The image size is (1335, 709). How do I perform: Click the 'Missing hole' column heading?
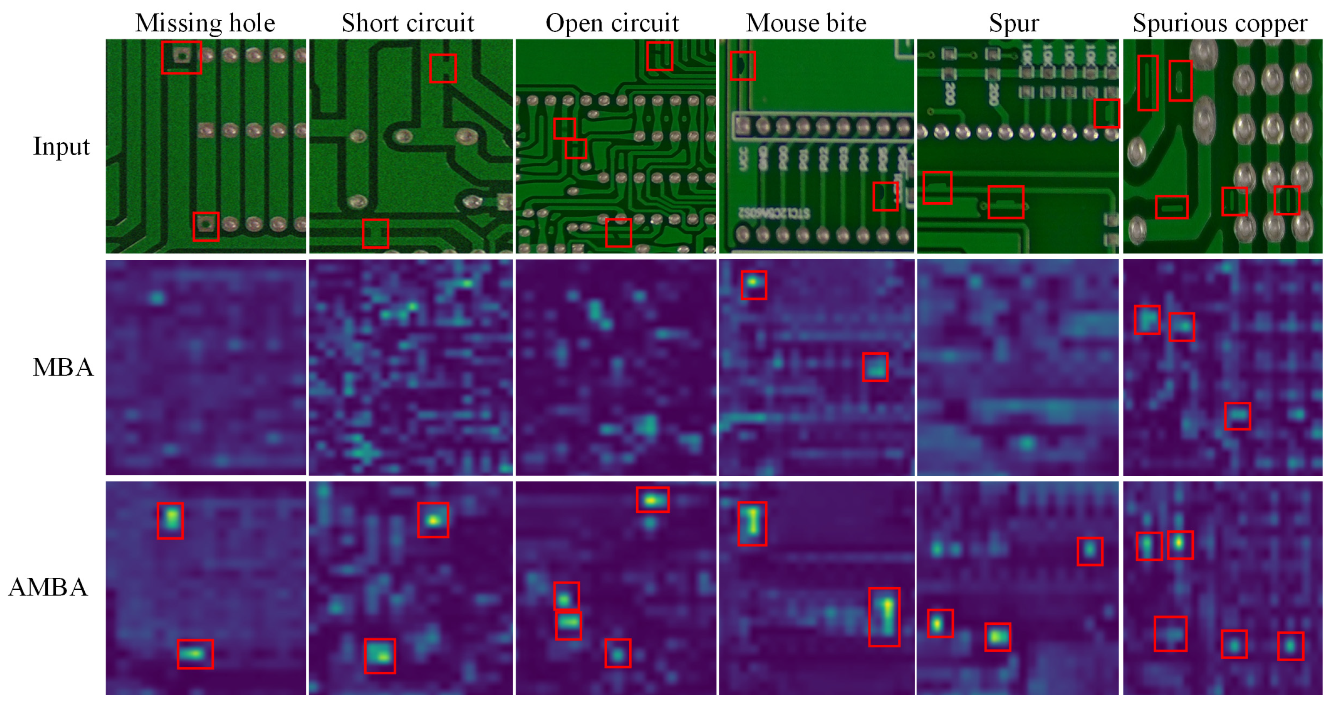(205, 24)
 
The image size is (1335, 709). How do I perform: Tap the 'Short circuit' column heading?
(407, 24)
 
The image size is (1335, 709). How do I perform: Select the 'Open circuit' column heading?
(612, 24)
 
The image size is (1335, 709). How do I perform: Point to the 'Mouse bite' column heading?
(806, 24)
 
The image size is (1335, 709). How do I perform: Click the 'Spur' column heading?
(1014, 24)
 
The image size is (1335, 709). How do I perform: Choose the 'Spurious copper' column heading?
(1220, 24)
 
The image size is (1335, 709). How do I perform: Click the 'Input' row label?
(61, 146)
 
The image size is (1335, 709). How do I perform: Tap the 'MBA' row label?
(63, 368)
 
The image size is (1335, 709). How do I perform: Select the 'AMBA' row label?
(48, 588)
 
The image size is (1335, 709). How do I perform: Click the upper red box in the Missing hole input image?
(181, 58)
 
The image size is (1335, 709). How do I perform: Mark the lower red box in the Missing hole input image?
(206, 227)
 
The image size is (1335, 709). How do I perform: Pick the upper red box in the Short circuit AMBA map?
(433, 520)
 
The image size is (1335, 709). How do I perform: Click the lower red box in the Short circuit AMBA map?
(380, 656)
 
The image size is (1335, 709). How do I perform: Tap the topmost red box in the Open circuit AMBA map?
(653, 500)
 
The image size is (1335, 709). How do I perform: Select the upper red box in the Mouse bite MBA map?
(754, 285)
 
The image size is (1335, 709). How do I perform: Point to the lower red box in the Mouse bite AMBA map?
(884, 617)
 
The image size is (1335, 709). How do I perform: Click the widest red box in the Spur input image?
(1006, 202)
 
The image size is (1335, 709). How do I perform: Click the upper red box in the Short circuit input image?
(442, 68)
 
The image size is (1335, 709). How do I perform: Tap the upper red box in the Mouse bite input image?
(743, 66)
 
